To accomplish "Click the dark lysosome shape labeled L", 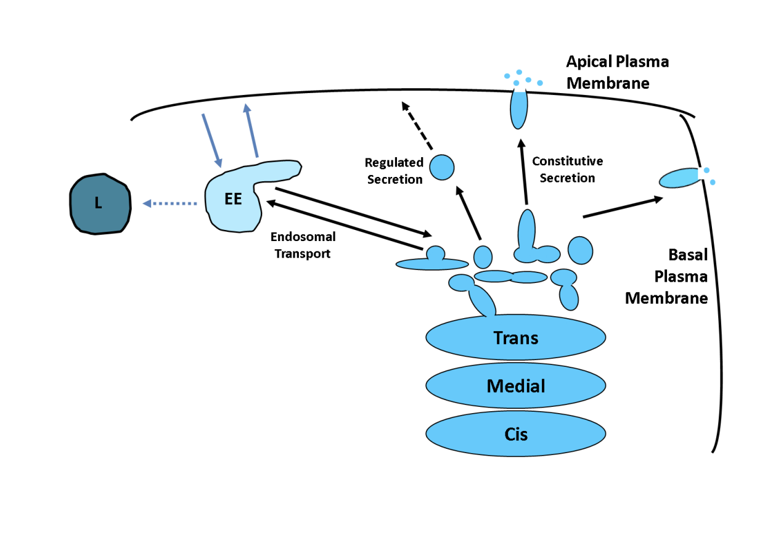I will pyautogui.click(x=99, y=204).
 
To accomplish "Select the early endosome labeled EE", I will pyautogui.click(x=234, y=201).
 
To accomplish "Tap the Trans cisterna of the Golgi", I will pyautogui.click(x=515, y=338).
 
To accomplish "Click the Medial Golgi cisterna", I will pyautogui.click(x=515, y=387).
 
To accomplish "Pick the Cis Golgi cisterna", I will pyautogui.click(x=515, y=434).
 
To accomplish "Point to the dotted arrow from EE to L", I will pyautogui.click(x=170, y=203).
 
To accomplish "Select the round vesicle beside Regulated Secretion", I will pyautogui.click(x=441, y=167).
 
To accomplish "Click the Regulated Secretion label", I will pyautogui.click(x=394, y=171).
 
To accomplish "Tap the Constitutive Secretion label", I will pyautogui.click(x=567, y=170).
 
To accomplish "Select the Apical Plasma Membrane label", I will pyautogui.click(x=617, y=72).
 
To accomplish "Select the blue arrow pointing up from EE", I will pyautogui.click(x=251, y=130).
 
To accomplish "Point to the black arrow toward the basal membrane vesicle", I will pyautogui.click(x=623, y=207).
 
